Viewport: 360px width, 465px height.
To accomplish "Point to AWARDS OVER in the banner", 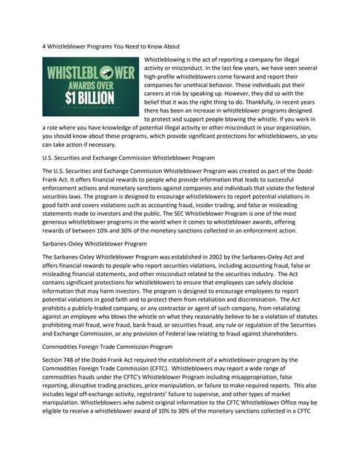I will (92, 86).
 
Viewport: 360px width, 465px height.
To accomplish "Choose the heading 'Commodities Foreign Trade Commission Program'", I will (107, 347).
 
